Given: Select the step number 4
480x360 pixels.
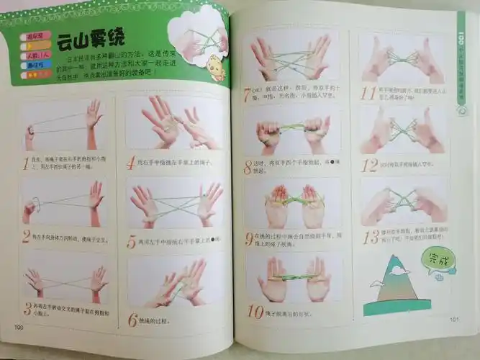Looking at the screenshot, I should (x=130, y=163).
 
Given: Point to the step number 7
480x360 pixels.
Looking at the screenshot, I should (x=248, y=94).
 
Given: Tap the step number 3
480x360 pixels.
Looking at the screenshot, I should (x=27, y=308).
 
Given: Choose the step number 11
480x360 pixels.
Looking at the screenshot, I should (x=368, y=93).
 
